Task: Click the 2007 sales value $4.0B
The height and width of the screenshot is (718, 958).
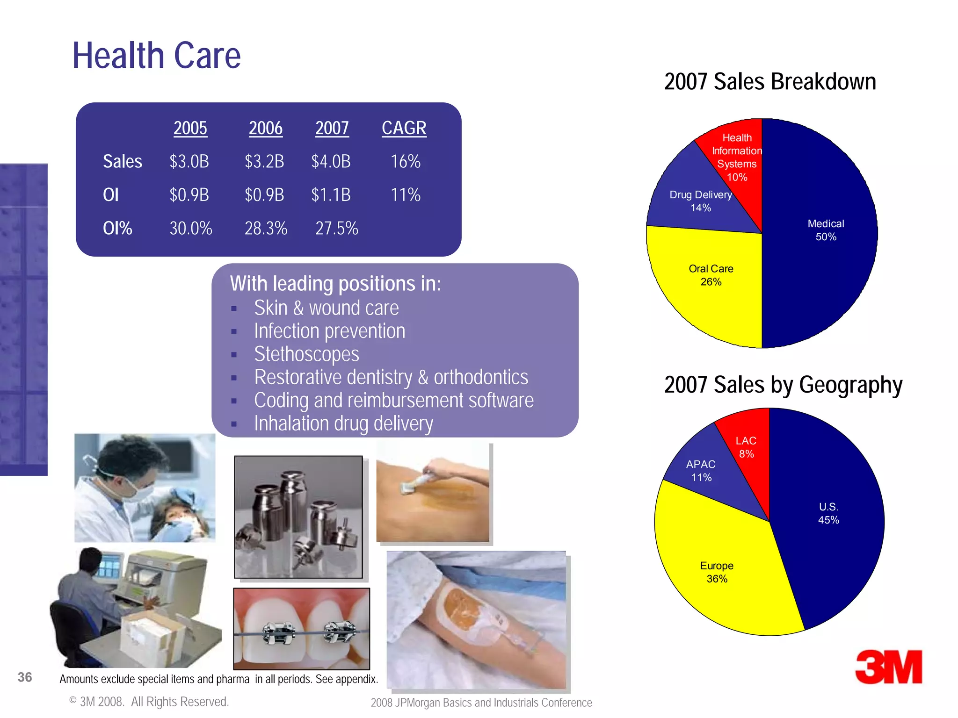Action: coord(331,162)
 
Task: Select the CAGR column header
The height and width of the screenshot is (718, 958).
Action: coord(404,128)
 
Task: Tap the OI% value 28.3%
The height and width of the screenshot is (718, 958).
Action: coord(266,229)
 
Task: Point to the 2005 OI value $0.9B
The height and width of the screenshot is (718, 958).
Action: coord(189,195)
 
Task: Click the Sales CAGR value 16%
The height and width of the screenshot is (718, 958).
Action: coord(406,162)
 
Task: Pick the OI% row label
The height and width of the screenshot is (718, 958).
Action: coord(117,229)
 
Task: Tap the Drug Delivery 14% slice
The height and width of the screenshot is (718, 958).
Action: coord(692,201)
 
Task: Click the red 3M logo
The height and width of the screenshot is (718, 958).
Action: coord(888,667)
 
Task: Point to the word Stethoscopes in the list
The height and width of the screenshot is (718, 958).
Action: coord(306,354)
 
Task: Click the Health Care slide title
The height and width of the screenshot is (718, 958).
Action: coord(156,56)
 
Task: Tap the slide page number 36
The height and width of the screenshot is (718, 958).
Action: coord(25,677)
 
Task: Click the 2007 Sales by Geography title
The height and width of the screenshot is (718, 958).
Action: coord(783,385)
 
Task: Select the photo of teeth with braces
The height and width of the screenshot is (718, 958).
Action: coord(302,629)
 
